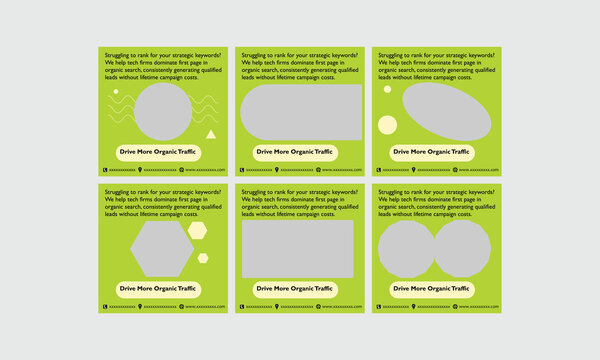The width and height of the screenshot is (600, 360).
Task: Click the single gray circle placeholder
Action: click(x=162, y=111)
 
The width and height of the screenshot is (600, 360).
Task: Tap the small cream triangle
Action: click(x=210, y=134)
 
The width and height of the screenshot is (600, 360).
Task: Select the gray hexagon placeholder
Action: click(x=162, y=248)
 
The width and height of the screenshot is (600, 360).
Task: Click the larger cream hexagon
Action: click(x=198, y=231)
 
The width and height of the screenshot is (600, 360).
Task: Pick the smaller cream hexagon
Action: click(x=203, y=258)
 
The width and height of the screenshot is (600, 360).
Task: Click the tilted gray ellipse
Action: click(x=446, y=112)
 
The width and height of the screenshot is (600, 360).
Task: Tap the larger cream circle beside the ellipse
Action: click(x=387, y=124)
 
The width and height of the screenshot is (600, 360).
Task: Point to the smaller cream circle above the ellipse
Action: click(x=387, y=89)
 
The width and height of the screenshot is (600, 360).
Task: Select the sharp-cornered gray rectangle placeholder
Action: click(x=297, y=248)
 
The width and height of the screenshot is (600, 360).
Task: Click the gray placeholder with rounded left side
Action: click(x=300, y=112)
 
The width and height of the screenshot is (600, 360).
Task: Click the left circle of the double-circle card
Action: click(x=406, y=249)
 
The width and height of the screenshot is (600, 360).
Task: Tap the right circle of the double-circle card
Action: click(x=461, y=249)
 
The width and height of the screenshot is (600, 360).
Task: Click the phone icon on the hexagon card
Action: click(x=104, y=307)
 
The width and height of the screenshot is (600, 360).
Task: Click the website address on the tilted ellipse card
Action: click(x=478, y=170)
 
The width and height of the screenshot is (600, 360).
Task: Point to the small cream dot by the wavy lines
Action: click(x=114, y=90)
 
